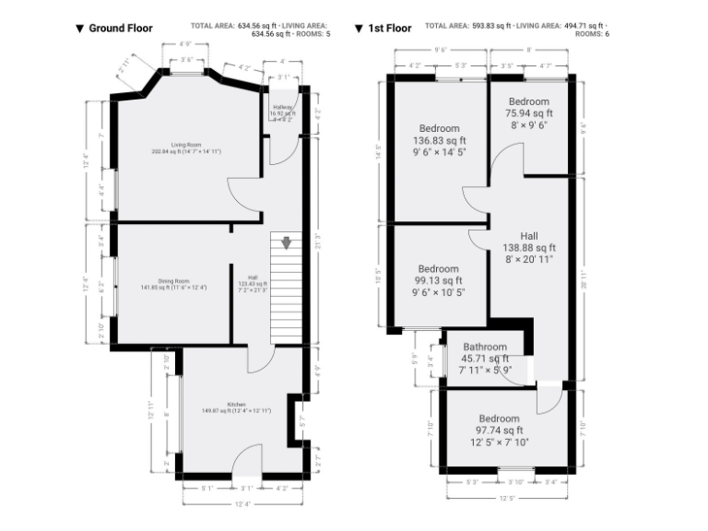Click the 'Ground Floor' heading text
pos(120,29)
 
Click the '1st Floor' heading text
pos(389,29)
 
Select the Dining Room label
pos(171,281)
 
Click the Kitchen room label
pos(236,404)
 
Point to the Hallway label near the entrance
pos(282,108)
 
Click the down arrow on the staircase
pos(287,243)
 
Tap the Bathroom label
pos(485,348)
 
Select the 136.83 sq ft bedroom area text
pos(439,141)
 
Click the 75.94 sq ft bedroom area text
pos(528,113)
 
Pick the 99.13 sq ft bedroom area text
pos(438,281)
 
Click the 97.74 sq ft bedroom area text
pos(499,430)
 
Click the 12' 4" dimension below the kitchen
pos(242,503)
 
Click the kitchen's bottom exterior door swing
pos(246,459)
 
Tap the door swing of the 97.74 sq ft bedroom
pos(549,397)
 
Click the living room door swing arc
pos(242,192)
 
